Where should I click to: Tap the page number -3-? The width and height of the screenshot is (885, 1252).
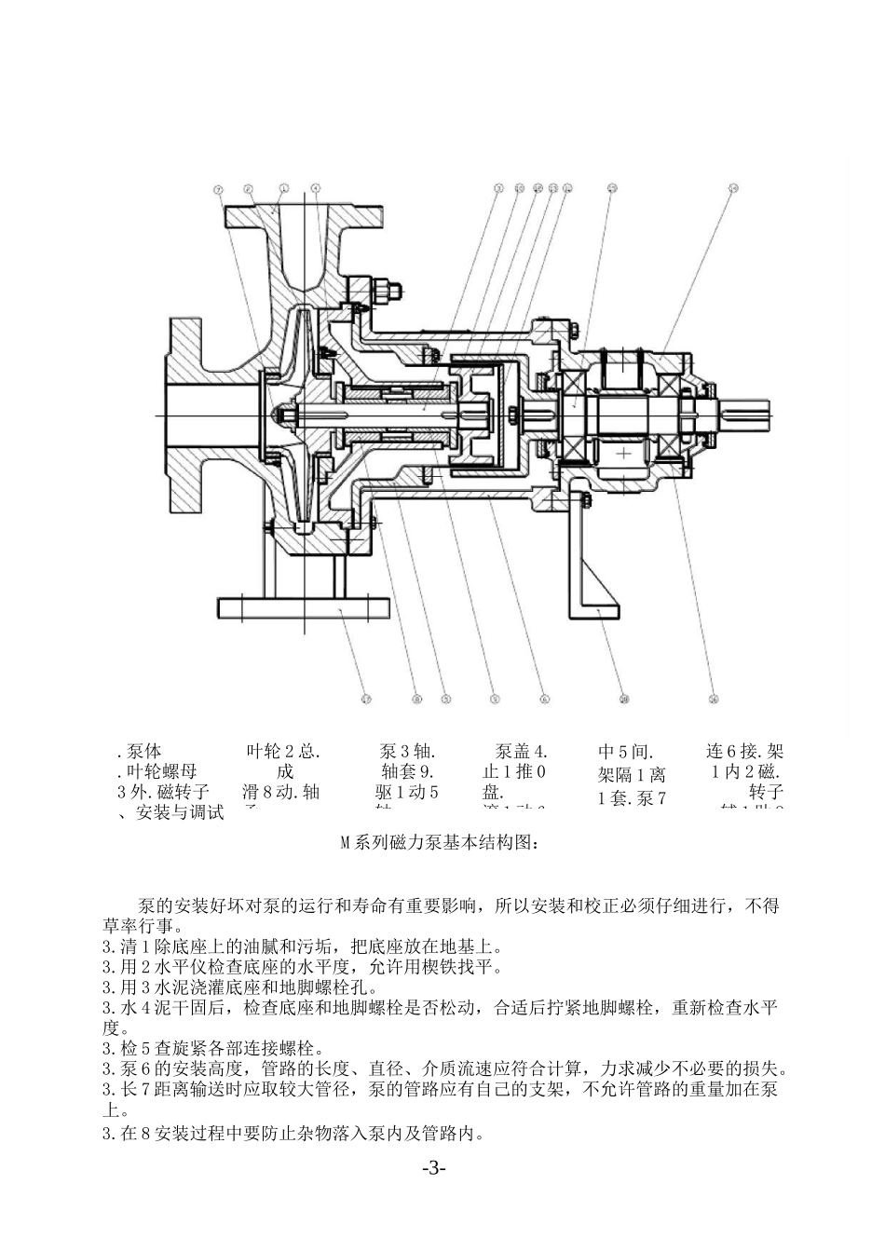pyautogui.click(x=434, y=1168)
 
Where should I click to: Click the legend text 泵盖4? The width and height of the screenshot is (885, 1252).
pyautogui.click(x=522, y=751)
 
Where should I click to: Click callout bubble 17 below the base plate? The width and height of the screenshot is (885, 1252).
pyautogui.click(x=366, y=699)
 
